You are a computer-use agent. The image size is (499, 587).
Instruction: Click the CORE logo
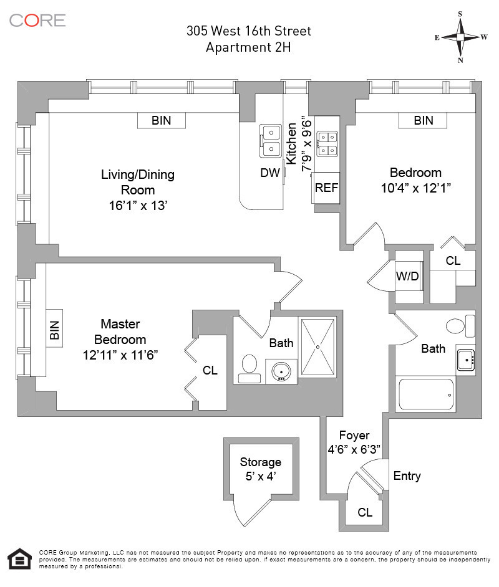click(x=37, y=20)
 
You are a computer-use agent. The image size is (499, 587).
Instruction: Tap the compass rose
click(x=461, y=37)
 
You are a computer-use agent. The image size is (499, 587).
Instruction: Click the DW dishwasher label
click(x=270, y=174)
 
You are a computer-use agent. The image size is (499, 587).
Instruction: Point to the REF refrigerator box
click(x=326, y=188)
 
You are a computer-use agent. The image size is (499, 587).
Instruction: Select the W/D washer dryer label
click(x=407, y=277)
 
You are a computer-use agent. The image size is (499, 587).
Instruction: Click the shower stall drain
click(x=317, y=346)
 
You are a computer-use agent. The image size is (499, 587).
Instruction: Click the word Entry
click(x=407, y=476)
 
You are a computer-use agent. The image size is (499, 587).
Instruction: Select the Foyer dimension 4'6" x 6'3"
click(x=354, y=449)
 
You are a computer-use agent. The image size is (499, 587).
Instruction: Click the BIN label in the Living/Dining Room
click(x=161, y=121)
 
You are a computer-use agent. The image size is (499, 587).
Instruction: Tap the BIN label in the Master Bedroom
click(x=54, y=330)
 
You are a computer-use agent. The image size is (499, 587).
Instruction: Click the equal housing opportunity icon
click(x=19, y=560)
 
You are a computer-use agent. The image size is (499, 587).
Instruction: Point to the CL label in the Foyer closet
click(x=365, y=513)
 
